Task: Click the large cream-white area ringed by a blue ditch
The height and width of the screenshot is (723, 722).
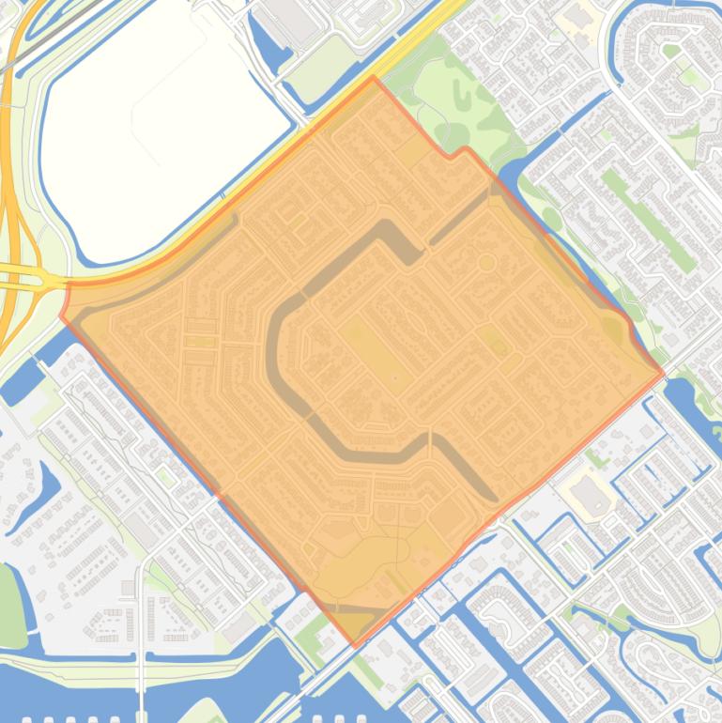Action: [160, 141]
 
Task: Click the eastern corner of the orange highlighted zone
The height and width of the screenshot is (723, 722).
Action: [663, 375]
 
